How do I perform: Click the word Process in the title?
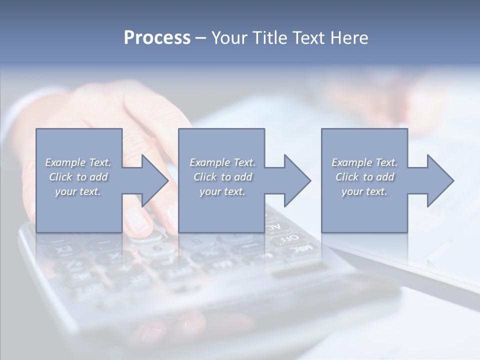(x=157, y=38)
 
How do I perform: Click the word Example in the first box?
(x=65, y=162)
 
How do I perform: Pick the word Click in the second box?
(x=204, y=177)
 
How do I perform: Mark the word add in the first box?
(x=99, y=177)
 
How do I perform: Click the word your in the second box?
(x=209, y=191)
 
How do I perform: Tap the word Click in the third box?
(x=347, y=177)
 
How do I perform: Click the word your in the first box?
(x=65, y=191)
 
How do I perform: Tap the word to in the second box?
(x=226, y=177)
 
